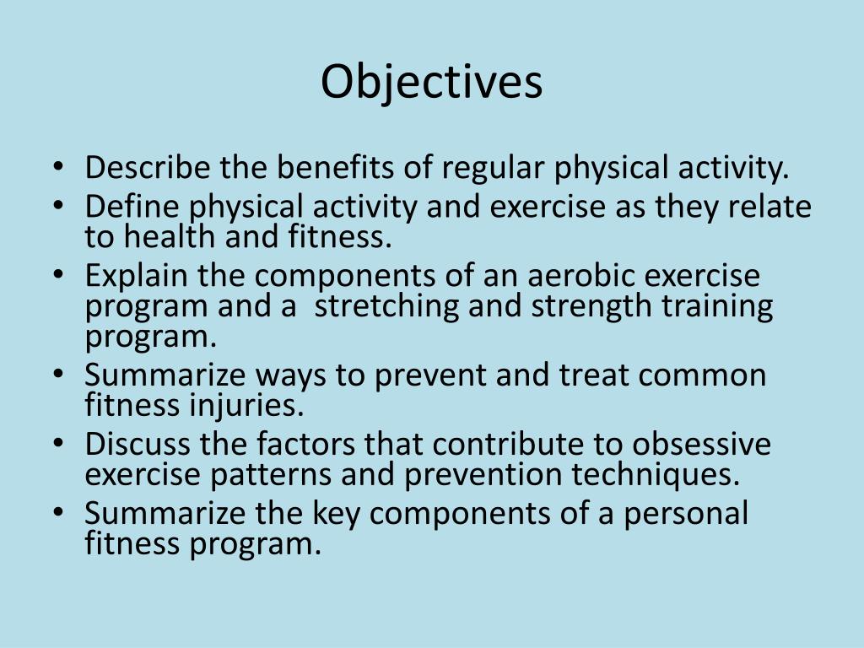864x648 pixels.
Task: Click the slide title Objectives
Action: [431, 83]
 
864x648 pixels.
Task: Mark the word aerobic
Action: [572, 276]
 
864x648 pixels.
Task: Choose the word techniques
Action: [655, 475]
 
